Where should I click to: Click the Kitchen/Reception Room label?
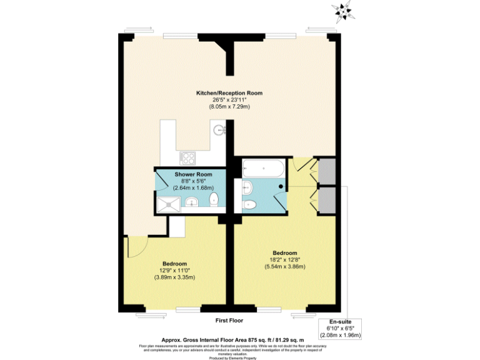pos(229,93)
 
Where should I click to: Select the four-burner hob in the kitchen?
pos(187,157)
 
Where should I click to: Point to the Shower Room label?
pos(193,174)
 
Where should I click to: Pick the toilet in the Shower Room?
pos(214,200)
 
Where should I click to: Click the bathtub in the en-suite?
pos(262,168)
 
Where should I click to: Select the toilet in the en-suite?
pos(249,204)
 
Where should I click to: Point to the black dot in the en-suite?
pos(281,186)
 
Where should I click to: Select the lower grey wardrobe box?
pos(327,199)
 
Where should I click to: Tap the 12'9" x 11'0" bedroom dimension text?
pos(175,271)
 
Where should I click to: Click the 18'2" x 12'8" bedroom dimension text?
pos(284,260)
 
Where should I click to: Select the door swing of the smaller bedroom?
pos(134,247)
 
